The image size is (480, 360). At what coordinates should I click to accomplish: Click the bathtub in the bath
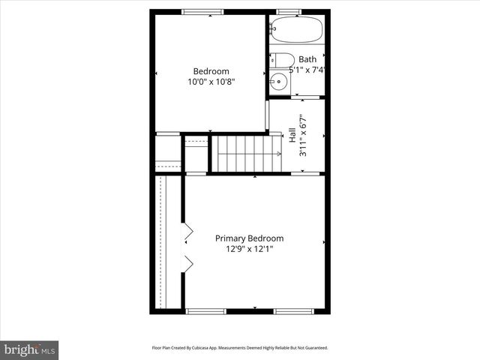point(297,30)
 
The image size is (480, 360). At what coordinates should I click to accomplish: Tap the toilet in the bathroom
point(282,60)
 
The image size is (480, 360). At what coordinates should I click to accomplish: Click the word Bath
point(307,59)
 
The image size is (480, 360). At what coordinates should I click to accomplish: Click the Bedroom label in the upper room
point(211,71)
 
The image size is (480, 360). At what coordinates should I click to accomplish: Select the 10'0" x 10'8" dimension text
point(211,82)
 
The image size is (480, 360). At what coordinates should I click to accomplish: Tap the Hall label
point(292,135)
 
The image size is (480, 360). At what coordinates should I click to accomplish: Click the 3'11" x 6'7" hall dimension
point(304,135)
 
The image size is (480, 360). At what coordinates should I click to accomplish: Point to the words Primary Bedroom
point(250,238)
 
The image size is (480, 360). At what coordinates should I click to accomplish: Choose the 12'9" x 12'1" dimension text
point(250,249)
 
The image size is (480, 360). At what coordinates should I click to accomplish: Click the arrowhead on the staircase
point(278,154)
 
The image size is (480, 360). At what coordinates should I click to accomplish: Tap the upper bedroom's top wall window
point(202,12)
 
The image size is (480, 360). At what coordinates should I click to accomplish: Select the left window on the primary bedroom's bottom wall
point(205,310)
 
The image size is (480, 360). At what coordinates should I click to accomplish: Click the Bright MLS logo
point(30,349)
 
